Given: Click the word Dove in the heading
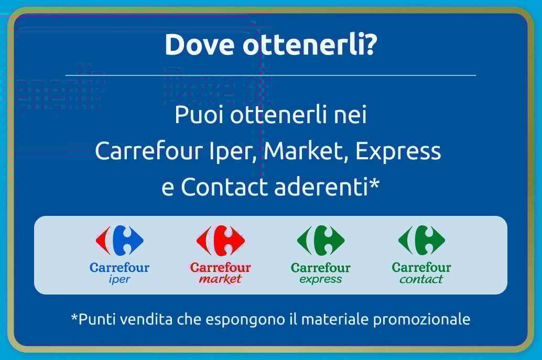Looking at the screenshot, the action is click(x=199, y=44).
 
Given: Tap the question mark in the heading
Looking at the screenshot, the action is click(x=369, y=44).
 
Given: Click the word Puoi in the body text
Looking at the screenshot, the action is click(x=199, y=115).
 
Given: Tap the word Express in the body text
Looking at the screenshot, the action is click(x=398, y=152).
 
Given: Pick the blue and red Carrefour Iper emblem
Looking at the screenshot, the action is click(x=120, y=241).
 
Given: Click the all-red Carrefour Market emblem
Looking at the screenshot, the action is click(x=221, y=241).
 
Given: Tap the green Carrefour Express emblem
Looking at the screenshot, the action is click(x=321, y=241).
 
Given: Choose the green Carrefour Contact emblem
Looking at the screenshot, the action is click(x=421, y=241).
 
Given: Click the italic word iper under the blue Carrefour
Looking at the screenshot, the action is click(x=120, y=279).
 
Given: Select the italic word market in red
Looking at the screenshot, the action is click(x=221, y=279).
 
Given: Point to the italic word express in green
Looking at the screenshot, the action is click(x=321, y=279).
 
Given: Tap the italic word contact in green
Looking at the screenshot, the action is click(x=421, y=279).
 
